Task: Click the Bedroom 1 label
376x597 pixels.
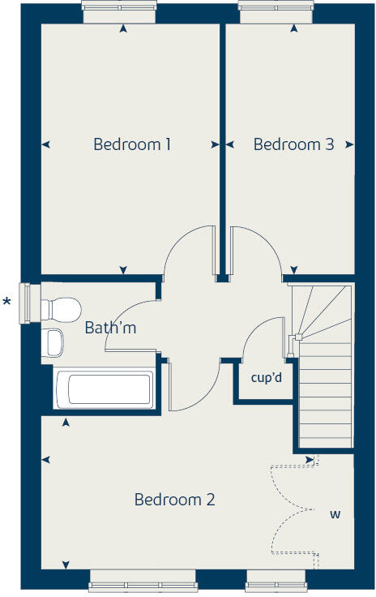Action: tap(132, 144)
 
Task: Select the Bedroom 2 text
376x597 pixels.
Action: tap(174, 500)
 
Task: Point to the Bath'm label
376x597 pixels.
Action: tap(111, 328)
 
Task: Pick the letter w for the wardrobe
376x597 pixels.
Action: tap(335, 514)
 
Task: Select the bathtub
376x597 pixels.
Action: tap(103, 389)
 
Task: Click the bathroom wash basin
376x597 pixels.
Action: tap(54, 342)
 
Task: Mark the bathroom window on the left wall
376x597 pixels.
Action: tap(25, 303)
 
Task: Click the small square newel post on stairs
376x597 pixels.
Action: tap(298, 337)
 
